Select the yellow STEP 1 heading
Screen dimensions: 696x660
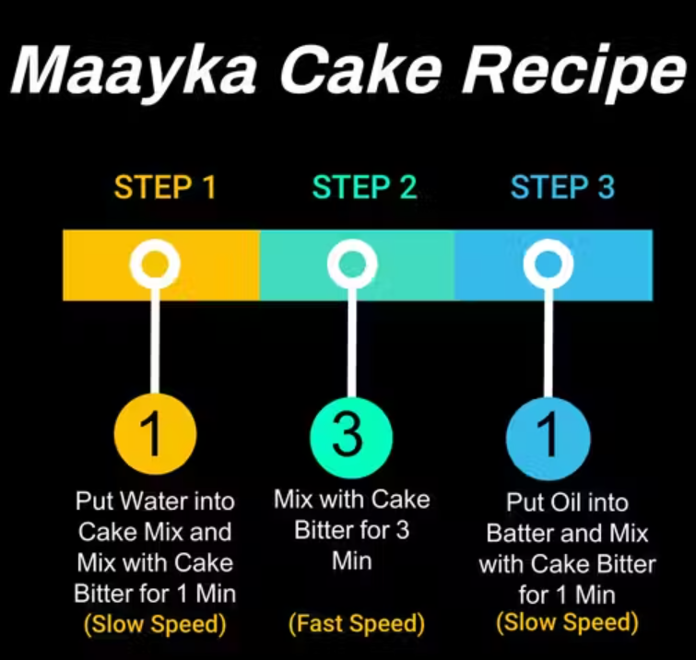click(165, 187)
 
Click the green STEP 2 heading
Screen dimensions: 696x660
click(364, 187)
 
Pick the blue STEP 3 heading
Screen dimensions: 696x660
click(563, 187)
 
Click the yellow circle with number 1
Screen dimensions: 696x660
click(155, 433)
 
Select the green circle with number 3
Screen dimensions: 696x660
click(351, 437)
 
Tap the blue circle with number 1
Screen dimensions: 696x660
click(549, 438)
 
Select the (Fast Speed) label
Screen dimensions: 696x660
click(357, 623)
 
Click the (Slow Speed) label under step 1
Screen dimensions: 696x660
click(155, 624)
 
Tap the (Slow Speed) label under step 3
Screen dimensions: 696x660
click(567, 622)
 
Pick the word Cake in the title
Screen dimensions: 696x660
click(360, 71)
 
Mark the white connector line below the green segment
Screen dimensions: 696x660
click(352, 342)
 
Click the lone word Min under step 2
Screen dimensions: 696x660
click(352, 561)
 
